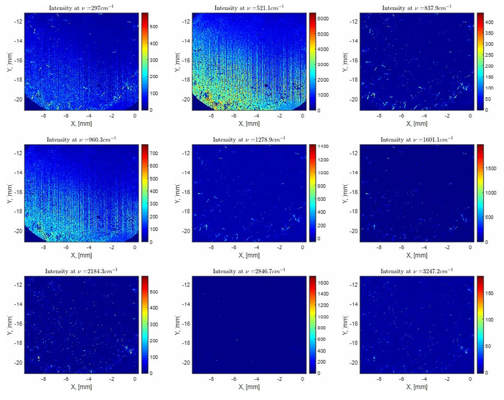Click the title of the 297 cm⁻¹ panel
click(x=81, y=8)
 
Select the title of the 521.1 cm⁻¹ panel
click(x=249, y=8)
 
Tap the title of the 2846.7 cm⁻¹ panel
click(x=249, y=271)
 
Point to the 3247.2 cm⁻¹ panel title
click(x=416, y=271)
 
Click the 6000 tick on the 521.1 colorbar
click(x=323, y=19)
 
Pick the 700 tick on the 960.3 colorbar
click(x=154, y=153)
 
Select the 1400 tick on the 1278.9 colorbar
click(x=323, y=147)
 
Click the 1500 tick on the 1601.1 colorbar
click(x=491, y=168)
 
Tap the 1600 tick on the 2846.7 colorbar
click(x=323, y=283)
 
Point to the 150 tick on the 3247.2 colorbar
click(x=489, y=293)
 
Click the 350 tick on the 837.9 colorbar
click(x=489, y=33)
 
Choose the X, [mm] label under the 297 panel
click(x=81, y=124)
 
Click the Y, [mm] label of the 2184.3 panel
click(x=10, y=325)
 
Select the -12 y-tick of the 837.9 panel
click(x=353, y=22)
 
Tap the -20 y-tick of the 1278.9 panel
click(x=186, y=231)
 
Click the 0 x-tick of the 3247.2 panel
click(x=470, y=379)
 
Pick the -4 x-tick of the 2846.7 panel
click(x=257, y=379)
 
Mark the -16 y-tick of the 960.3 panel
click(x=18, y=192)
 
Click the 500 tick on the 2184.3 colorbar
click(x=154, y=292)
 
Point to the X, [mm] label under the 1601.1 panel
click(x=417, y=255)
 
